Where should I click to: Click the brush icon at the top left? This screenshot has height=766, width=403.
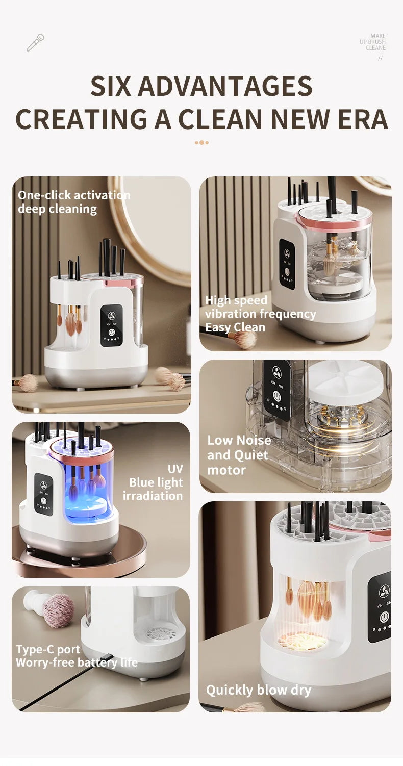[x=35, y=42]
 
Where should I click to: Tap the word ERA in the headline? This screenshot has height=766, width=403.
[x=359, y=119]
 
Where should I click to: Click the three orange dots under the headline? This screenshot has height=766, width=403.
[x=202, y=142]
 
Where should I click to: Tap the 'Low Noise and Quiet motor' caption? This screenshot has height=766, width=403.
[x=239, y=454]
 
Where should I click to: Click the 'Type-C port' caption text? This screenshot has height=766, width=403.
[x=48, y=649]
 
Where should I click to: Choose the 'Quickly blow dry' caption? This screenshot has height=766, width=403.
[x=258, y=690]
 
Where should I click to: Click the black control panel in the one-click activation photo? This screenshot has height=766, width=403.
[x=111, y=325]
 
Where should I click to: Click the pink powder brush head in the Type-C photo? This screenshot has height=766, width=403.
[x=58, y=610]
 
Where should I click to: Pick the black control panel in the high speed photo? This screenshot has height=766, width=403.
[x=287, y=264]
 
